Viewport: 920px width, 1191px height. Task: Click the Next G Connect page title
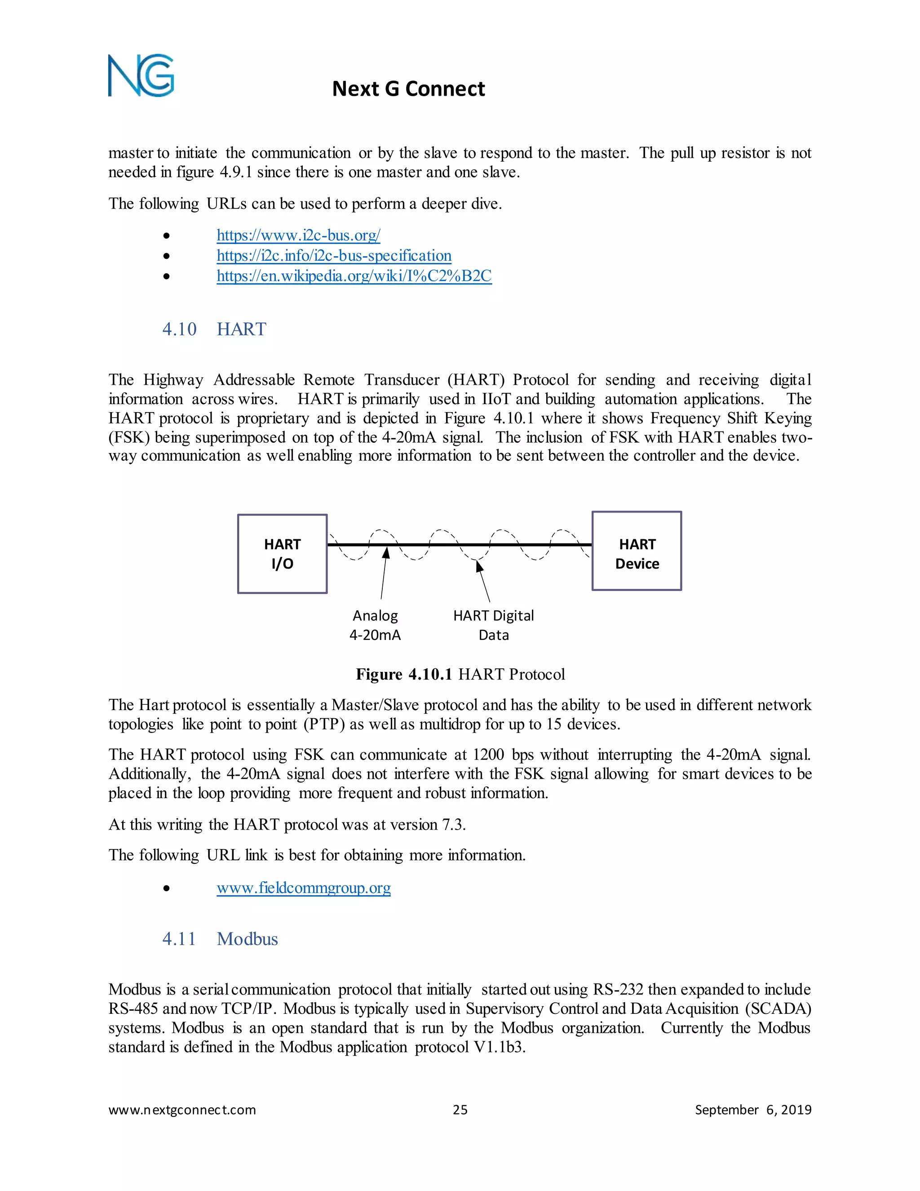[x=408, y=89]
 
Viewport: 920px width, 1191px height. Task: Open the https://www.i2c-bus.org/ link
[x=298, y=235]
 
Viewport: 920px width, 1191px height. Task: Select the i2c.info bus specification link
[x=334, y=255]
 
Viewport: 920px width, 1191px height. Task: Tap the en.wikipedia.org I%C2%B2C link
[x=354, y=276]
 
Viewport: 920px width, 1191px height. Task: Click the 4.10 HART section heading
[x=214, y=329]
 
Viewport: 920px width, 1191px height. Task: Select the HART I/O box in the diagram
[x=282, y=554]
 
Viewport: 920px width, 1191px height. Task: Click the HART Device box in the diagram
[x=637, y=551]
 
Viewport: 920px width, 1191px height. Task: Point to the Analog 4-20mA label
[x=375, y=625]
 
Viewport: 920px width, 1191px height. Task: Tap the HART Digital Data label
[x=493, y=625]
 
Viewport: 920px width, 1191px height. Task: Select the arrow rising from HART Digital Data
[x=483, y=581]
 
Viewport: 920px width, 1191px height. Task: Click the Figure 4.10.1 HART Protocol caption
[x=460, y=674]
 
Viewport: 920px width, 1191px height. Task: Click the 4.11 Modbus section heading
[x=220, y=938]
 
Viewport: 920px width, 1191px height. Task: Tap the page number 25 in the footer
[x=460, y=1110]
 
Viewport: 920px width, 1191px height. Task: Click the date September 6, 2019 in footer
[x=753, y=1110]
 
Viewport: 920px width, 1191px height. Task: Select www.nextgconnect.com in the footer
[x=182, y=1110]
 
